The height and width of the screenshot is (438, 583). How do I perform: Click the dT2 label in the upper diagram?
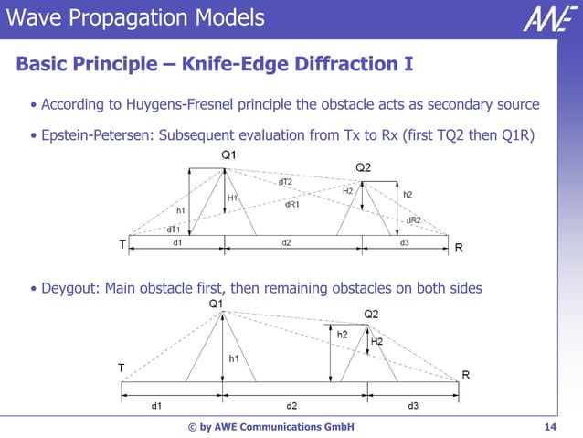click(x=285, y=182)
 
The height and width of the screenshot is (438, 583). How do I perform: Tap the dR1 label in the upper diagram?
click(x=292, y=204)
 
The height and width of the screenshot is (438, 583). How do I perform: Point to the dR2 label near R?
click(x=413, y=220)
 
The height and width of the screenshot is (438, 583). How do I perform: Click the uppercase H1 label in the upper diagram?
click(x=233, y=197)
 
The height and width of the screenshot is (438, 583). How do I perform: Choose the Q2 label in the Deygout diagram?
click(x=372, y=315)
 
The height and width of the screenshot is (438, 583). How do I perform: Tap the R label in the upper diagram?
click(x=459, y=247)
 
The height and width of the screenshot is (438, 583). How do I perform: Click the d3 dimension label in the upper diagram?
click(x=405, y=243)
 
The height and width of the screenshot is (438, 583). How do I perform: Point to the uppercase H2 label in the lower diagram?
click(x=376, y=341)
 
